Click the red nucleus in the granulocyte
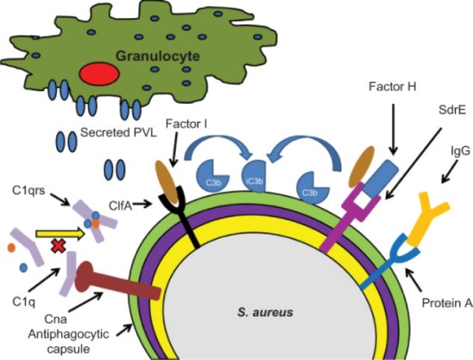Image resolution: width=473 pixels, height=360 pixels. (x=99, y=73)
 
